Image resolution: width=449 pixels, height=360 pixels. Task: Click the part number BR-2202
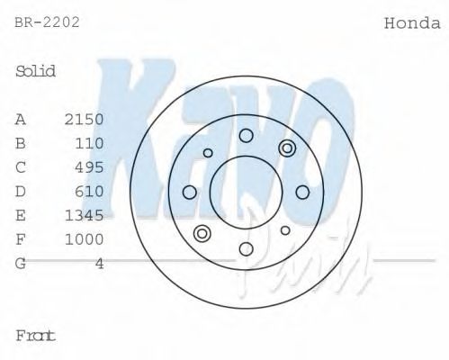[48, 22]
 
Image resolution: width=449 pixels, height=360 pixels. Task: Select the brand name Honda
[412, 22]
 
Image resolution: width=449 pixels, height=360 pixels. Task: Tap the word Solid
[36, 71]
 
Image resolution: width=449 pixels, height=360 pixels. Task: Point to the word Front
[36, 336]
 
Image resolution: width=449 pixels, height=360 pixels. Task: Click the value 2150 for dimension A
[85, 119]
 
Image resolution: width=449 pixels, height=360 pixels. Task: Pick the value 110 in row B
[90, 143]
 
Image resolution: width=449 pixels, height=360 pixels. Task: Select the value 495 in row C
[90, 167]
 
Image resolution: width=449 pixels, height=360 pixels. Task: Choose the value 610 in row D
[90, 192]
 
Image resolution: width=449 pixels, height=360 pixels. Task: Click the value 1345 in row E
[85, 215]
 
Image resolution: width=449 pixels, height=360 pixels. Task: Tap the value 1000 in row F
[85, 239]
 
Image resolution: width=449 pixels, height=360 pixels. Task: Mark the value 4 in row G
[100, 264]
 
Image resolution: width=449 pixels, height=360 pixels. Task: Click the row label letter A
[21, 119]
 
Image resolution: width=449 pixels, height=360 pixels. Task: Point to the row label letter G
[21, 264]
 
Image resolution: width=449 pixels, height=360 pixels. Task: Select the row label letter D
[21, 192]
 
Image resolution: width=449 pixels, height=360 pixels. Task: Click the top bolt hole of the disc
[246, 136]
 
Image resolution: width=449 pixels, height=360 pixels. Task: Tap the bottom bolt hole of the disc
[246, 248]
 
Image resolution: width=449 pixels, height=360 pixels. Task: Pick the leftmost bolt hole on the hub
[189, 192]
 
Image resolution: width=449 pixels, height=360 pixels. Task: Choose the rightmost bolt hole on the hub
[302, 192]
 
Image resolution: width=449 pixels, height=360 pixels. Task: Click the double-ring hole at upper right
[287, 148]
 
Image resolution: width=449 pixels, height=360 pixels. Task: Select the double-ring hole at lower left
[202, 234]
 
